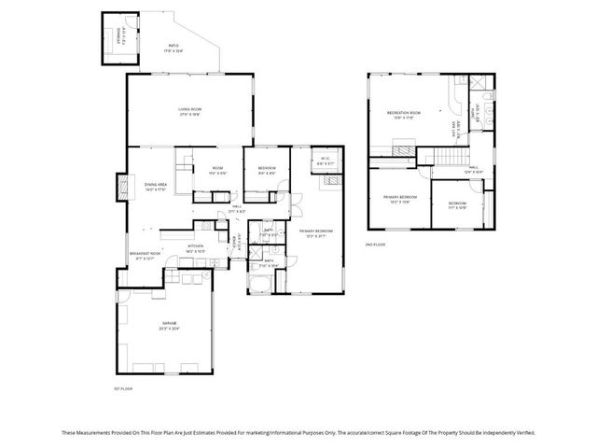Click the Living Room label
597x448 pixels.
(x=190, y=110)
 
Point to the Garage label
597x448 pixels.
(x=169, y=324)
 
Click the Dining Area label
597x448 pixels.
(x=155, y=186)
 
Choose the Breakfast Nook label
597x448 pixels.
(x=146, y=254)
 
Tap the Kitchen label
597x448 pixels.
(x=196, y=246)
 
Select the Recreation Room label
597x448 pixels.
(x=405, y=112)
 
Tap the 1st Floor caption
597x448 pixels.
(x=124, y=387)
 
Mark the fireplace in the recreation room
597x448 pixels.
(x=405, y=148)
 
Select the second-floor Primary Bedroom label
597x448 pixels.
(x=400, y=198)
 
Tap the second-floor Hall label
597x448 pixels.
(x=475, y=168)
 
